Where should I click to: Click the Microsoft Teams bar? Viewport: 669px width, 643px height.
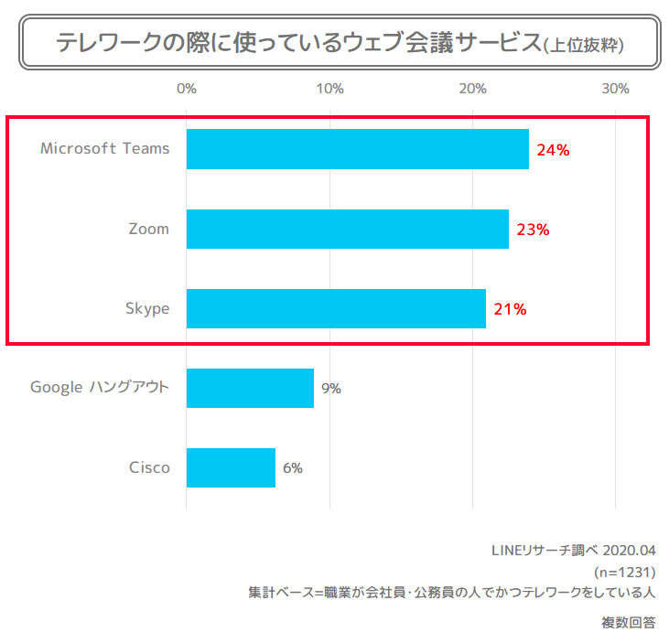(357, 149)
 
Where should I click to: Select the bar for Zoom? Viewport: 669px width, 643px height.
(347, 229)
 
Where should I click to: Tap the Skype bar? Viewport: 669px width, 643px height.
(336, 308)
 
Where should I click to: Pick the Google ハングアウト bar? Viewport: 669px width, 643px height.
(250, 388)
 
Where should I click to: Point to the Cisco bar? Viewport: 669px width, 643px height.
(231, 467)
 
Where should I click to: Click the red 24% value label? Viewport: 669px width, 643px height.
(554, 150)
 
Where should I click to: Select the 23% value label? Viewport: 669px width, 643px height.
(533, 230)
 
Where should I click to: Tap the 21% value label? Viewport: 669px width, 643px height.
(510, 309)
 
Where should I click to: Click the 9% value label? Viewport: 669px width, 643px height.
(331, 389)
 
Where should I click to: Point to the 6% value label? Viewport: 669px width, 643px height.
(293, 468)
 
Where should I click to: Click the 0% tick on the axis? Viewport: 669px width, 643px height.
(187, 89)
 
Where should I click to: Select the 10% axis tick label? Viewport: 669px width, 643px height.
(329, 89)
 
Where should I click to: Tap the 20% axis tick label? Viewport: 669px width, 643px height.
(472, 89)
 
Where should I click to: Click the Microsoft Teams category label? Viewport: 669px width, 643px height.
(105, 148)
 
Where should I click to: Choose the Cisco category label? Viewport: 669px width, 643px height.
(149, 467)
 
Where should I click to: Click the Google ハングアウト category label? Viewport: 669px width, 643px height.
(100, 387)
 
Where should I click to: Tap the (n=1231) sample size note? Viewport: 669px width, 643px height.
(625, 572)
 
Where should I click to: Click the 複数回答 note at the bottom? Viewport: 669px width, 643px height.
(629, 623)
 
